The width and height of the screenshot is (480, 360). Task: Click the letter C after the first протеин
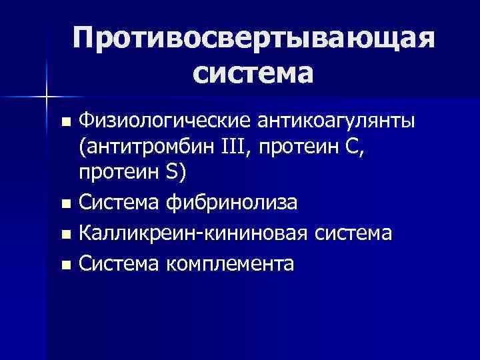pyautogui.click(x=349, y=146)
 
